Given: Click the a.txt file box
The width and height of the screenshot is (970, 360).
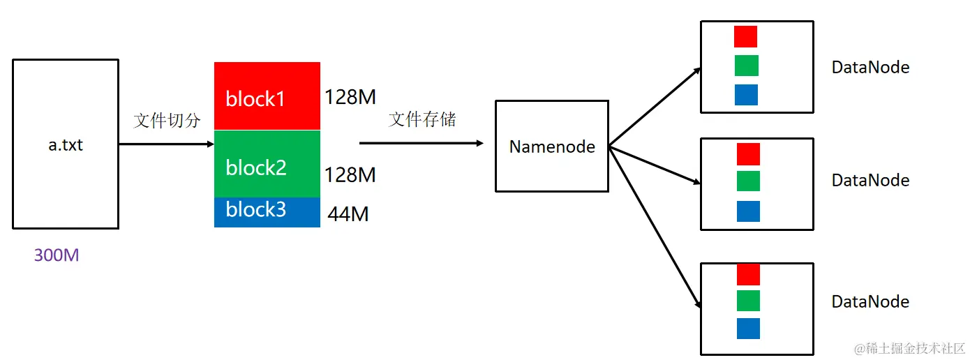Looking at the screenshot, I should tap(66, 144).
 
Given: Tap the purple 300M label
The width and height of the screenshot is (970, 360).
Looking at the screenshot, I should tap(57, 255).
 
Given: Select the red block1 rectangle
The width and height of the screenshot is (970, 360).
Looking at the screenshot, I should tap(267, 96).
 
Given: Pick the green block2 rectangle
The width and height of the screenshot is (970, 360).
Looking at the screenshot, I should tap(267, 164).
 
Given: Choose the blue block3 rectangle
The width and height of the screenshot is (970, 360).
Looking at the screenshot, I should tap(267, 212).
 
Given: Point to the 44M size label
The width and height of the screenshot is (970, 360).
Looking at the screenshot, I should tap(348, 214).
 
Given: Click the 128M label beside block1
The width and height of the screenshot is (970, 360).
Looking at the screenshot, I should tap(350, 98).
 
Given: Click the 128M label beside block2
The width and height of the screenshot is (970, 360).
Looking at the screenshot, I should tap(350, 174).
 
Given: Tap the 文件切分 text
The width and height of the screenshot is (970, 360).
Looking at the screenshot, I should tap(167, 121).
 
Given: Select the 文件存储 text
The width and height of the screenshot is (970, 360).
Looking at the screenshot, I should tap(422, 119).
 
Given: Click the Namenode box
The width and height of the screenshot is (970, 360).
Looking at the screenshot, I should tap(551, 147).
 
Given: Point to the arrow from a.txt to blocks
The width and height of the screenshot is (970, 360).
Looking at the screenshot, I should tap(166, 144).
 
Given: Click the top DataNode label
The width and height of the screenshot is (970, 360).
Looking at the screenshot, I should tap(870, 68).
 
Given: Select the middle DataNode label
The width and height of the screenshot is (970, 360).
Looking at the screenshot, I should tap(870, 180).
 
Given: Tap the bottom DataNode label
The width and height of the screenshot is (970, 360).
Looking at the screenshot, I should tap(870, 301).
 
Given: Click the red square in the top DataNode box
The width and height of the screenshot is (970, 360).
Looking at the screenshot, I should tap(746, 36).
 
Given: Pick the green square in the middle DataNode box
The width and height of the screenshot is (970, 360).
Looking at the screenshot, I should tap(748, 181).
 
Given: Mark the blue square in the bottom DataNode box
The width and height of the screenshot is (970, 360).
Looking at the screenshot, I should tap(748, 329).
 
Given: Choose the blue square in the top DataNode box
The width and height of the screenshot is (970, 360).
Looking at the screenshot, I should tap(746, 95).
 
